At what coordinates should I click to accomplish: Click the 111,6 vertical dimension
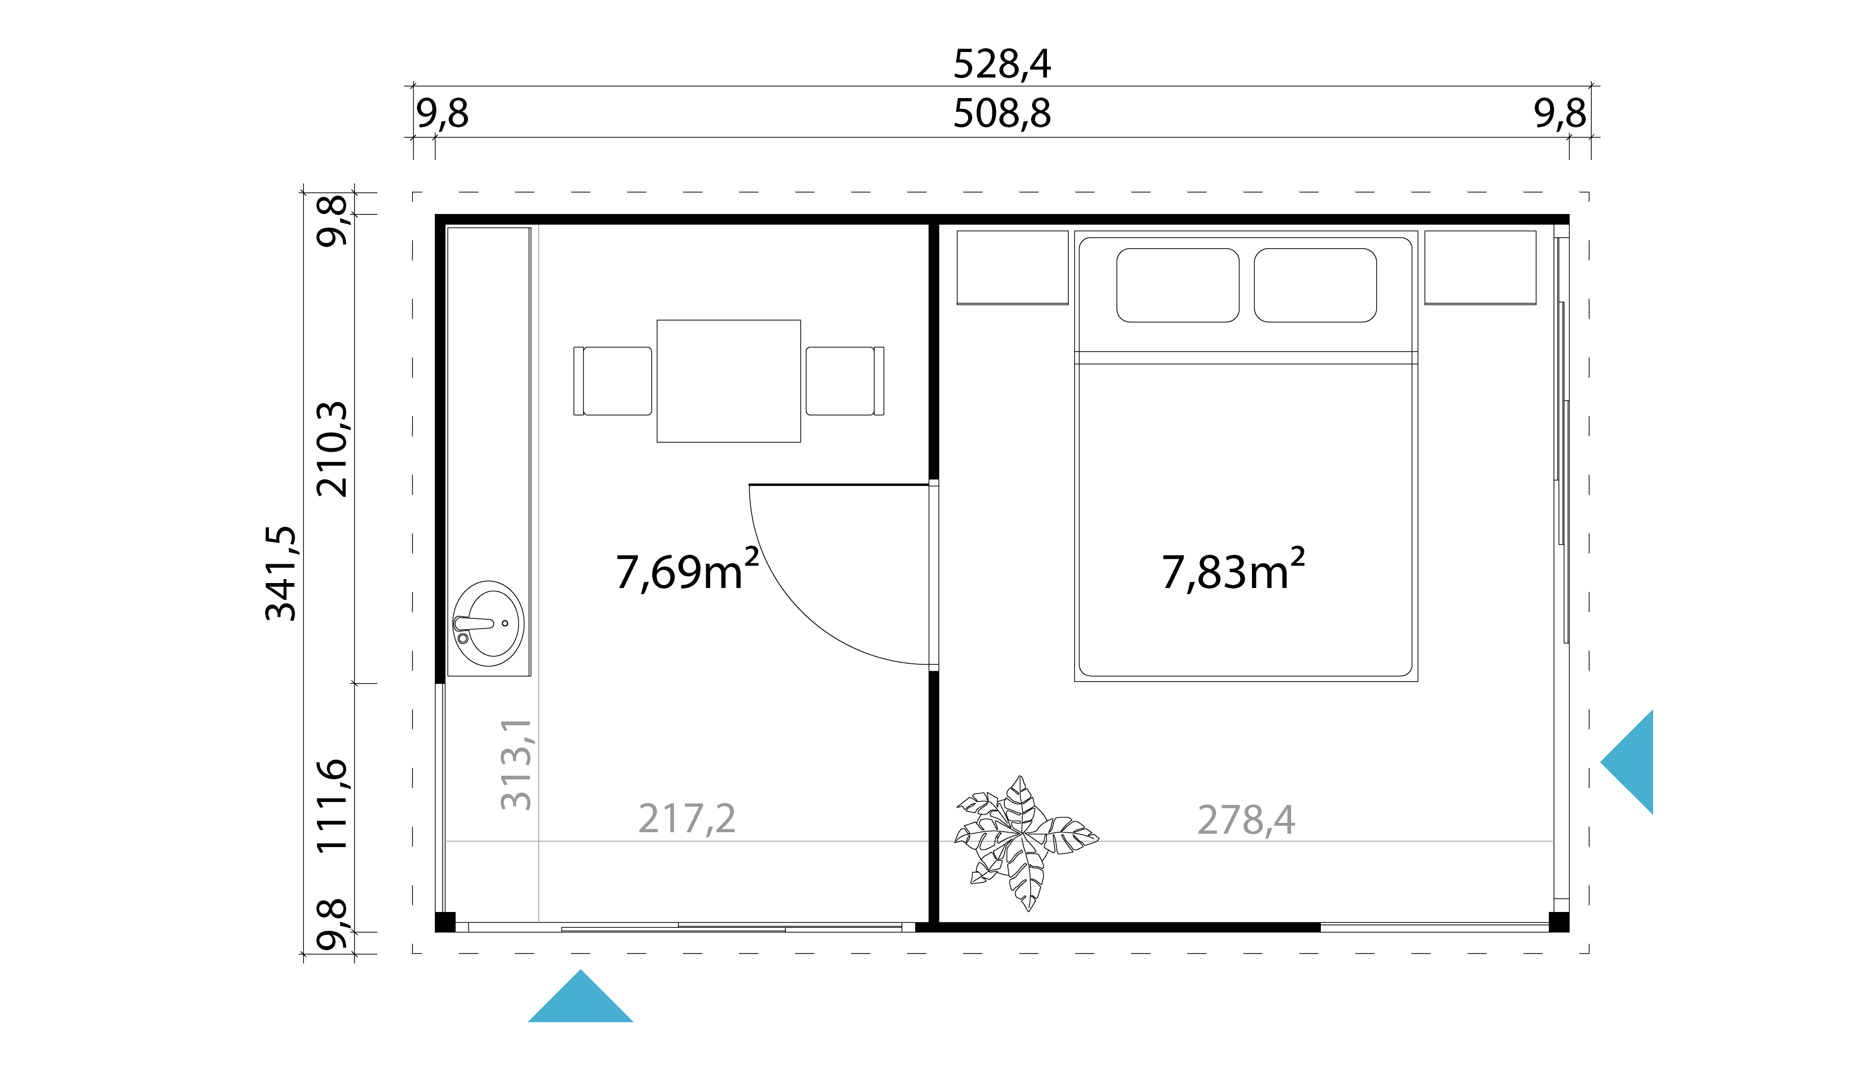[332, 806]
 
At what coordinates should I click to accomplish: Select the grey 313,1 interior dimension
[517, 764]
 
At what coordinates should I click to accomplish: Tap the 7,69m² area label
[686, 571]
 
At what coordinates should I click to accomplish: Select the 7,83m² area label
[1233, 571]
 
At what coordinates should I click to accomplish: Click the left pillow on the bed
[1177, 285]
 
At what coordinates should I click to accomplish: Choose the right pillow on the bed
[1314, 285]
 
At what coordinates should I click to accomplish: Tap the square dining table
[728, 380]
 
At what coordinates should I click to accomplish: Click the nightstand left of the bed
[1012, 267]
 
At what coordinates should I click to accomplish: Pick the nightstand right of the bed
[1480, 267]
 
